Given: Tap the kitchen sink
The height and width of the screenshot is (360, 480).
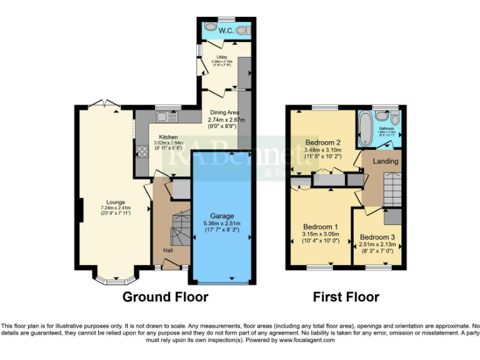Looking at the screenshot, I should point(167,117).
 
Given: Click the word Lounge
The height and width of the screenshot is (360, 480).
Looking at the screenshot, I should point(115,202).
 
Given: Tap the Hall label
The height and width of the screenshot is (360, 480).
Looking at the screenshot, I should point(168,251).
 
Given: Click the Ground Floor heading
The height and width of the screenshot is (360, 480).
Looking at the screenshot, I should point(165,297).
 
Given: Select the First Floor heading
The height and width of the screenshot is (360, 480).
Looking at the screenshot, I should point(346,297).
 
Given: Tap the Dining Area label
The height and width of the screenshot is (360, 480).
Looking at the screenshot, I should point(224,112).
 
